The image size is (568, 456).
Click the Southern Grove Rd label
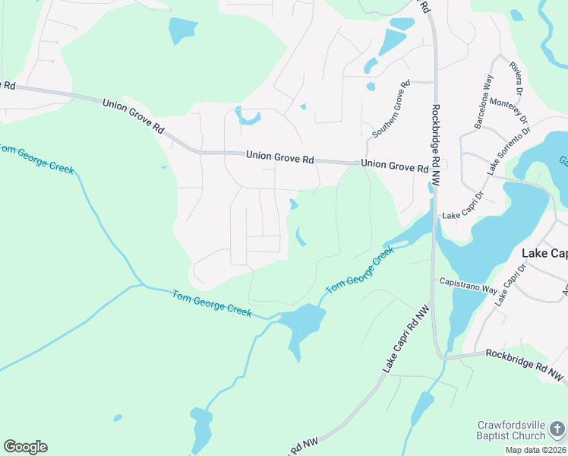click(391, 109)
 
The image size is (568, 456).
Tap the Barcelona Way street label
click(483, 101)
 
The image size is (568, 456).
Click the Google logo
click(25, 447)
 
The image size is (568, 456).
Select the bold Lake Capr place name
click(544, 253)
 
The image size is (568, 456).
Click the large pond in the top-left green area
click(182, 30)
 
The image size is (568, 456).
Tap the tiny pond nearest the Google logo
click(118, 417)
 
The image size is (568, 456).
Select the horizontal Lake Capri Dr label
click(462, 215)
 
